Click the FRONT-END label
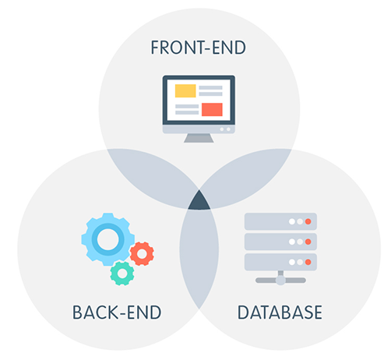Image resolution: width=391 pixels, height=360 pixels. [x=198, y=48]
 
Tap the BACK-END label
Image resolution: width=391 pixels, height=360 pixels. [x=117, y=312]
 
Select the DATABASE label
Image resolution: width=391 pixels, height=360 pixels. [x=280, y=312]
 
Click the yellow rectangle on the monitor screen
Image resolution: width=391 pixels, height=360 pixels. [x=185, y=90]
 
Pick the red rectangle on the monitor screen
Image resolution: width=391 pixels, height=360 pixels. [x=212, y=109]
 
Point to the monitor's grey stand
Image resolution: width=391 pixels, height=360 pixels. [x=199, y=138]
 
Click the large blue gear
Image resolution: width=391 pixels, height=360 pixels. [x=107, y=239]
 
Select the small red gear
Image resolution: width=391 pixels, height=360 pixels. [x=142, y=254]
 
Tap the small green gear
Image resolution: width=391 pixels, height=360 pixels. [x=122, y=274]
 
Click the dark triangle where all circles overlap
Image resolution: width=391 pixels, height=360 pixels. [x=199, y=202]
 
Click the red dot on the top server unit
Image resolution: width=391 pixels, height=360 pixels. [x=308, y=221]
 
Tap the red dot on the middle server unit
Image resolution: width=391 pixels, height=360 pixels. [x=308, y=242]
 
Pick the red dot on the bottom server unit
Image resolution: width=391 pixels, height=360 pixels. [x=308, y=262]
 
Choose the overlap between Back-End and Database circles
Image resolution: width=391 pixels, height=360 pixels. [x=199, y=257]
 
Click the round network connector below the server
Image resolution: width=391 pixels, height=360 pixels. [x=280, y=281]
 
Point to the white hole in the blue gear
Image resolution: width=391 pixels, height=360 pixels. [x=107, y=239]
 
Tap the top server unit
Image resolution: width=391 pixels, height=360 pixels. [x=280, y=221]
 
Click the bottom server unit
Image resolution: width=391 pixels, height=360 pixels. [x=280, y=262]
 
